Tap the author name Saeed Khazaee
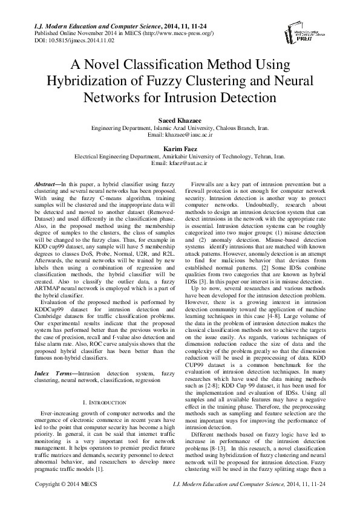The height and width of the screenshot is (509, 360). pos(180,120)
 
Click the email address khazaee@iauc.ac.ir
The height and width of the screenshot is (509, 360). pos(189,136)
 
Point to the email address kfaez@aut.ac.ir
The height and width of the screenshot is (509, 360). pos(188,163)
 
